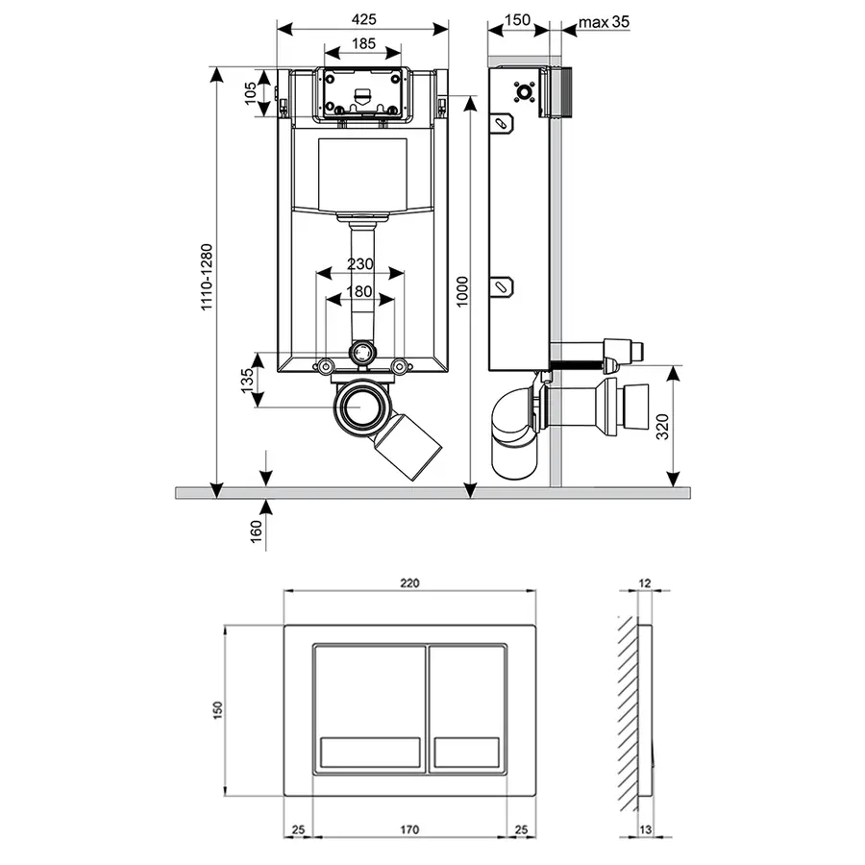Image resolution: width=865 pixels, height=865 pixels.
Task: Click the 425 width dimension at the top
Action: pyautogui.click(x=363, y=19)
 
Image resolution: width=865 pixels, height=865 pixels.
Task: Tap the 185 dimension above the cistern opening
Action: pyautogui.click(x=363, y=43)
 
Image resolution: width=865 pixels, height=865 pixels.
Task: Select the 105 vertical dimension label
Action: pyautogui.click(x=251, y=92)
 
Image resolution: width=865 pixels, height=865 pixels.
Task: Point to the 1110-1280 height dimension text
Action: pyautogui.click(x=207, y=277)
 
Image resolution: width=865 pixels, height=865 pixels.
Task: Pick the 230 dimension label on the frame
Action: pyautogui.click(x=359, y=263)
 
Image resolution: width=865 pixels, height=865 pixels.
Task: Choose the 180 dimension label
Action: pyautogui.click(x=359, y=291)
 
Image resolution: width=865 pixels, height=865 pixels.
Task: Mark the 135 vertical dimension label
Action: pyautogui.click(x=247, y=380)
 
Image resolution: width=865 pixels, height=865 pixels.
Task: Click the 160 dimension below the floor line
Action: pyautogui.click(x=256, y=531)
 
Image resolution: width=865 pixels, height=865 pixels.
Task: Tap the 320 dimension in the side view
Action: pyautogui.click(x=662, y=427)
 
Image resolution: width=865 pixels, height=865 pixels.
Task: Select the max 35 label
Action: pyautogui.click(x=604, y=22)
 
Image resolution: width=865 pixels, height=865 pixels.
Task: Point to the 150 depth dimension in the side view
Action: pyautogui.click(x=517, y=20)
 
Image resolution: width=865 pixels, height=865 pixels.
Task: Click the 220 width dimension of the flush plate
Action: pyautogui.click(x=409, y=582)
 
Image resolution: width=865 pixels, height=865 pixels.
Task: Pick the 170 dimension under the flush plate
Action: pyautogui.click(x=409, y=829)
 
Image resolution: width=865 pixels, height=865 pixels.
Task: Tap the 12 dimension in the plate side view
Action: pyautogui.click(x=644, y=582)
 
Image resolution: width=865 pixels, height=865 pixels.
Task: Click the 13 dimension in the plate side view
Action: pyautogui.click(x=644, y=829)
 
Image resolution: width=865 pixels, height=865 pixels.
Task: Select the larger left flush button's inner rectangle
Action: pyautogui.click(x=370, y=752)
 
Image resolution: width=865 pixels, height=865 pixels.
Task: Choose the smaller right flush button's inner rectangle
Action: pyautogui.click(x=467, y=752)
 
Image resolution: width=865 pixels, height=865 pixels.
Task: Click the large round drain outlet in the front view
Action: pyautogui.click(x=360, y=408)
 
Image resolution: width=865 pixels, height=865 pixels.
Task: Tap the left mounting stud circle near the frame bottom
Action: pyautogui.click(x=325, y=366)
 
